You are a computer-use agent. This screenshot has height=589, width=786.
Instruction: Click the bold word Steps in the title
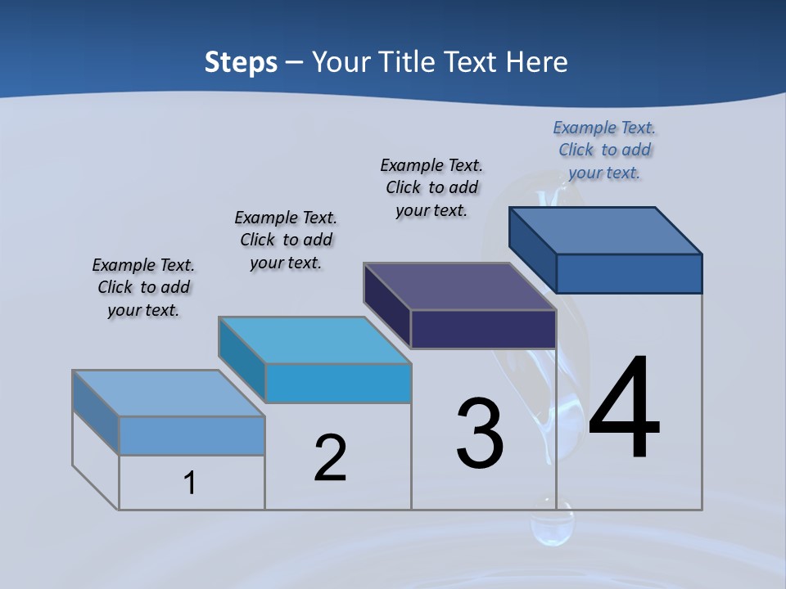[241, 62]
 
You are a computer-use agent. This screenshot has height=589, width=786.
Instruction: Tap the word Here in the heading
[536, 62]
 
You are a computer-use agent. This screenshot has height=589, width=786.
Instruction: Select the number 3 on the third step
[480, 434]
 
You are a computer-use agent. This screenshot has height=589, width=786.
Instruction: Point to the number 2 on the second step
[331, 458]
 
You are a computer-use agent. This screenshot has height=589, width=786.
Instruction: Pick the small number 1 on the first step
[190, 483]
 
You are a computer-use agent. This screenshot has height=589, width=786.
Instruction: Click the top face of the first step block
[169, 393]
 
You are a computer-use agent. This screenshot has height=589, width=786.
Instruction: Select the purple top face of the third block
[460, 286]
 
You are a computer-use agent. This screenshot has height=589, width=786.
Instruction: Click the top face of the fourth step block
[606, 231]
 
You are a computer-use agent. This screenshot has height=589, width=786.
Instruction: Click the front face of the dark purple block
[483, 330]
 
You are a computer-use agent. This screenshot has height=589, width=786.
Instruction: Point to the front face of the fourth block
[629, 273]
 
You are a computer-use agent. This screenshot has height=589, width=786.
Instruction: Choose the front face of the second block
[338, 383]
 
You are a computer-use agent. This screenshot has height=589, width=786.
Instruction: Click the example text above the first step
[143, 287]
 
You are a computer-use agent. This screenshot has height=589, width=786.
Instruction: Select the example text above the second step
[286, 240]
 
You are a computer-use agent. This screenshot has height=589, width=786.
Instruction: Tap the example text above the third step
[431, 187]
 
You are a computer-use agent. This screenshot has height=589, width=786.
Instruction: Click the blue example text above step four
[604, 150]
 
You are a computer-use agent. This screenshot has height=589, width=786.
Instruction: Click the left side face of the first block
[96, 412]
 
